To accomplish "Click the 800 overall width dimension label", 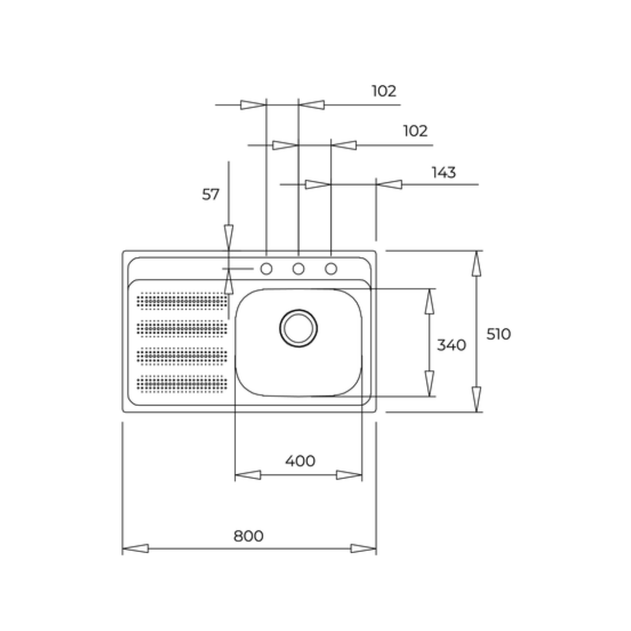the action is point(248,536).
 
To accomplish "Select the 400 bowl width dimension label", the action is point(300,461).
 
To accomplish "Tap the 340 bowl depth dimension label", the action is point(452,345).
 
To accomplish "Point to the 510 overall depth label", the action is point(498,334).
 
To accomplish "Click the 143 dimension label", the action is point(444,172).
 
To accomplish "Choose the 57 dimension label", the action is point(210,195).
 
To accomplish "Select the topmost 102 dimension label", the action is point(384,91).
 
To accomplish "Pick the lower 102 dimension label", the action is point(415,131).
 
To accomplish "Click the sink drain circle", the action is point(298,328).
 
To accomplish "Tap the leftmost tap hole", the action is point(266,268).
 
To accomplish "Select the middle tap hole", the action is point(298,268).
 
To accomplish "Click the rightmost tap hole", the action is point(331,268).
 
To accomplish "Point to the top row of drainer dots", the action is point(182,301).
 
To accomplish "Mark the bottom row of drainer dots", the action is point(182,383).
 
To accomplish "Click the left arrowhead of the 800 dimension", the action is point(135,548).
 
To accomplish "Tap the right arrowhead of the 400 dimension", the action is point(349,475).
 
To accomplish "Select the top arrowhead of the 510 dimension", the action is point(477,263).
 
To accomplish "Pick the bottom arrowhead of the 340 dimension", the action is point(429,383).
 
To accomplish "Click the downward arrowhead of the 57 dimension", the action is point(228,237).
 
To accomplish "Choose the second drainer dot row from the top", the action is point(182,328).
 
